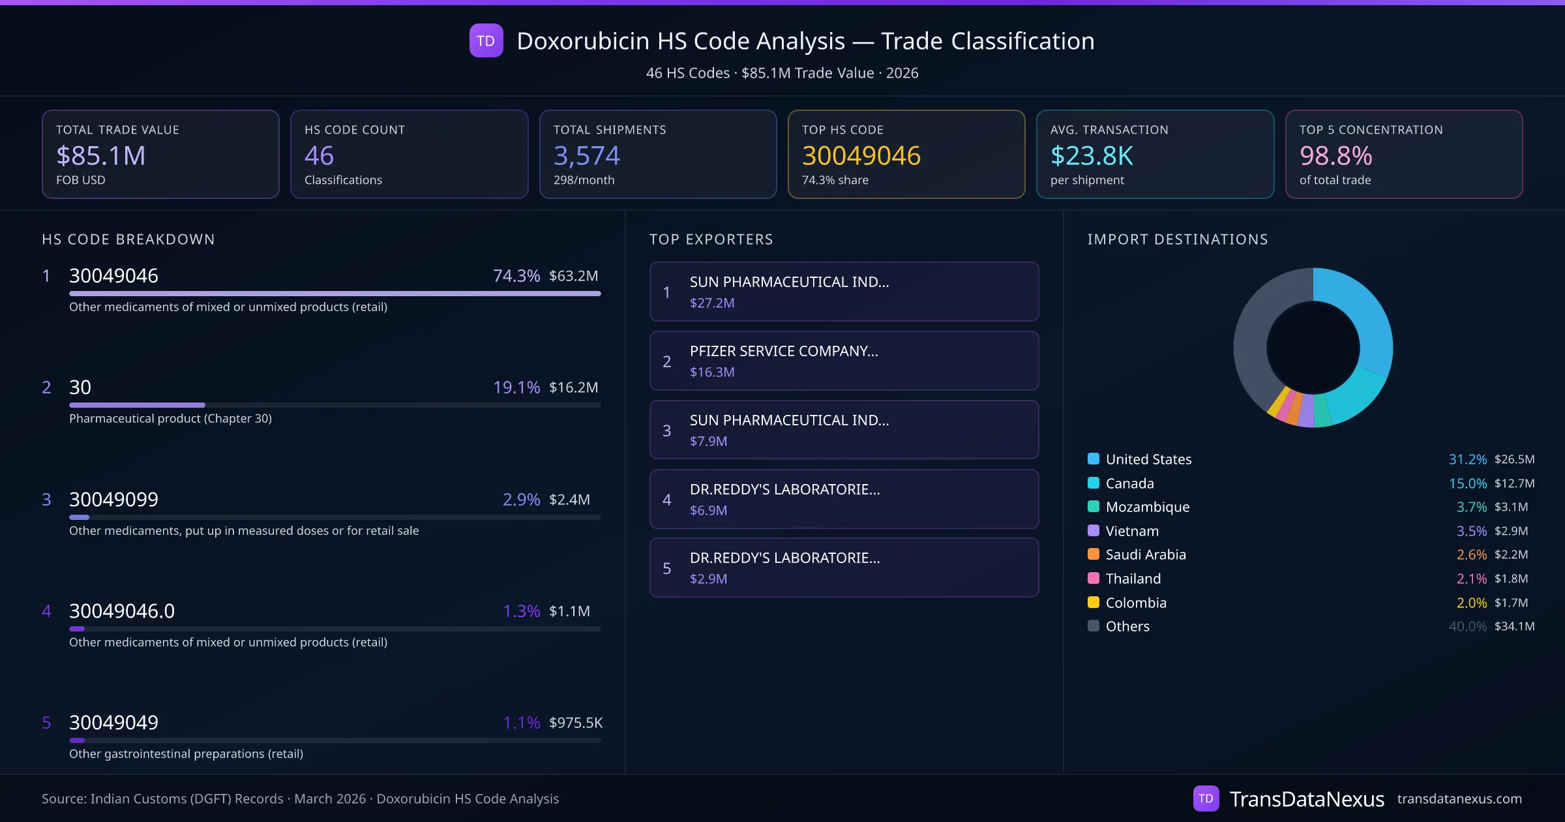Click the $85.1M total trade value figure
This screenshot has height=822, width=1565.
click(101, 156)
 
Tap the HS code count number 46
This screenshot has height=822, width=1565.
click(319, 156)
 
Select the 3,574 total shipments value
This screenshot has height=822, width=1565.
click(586, 156)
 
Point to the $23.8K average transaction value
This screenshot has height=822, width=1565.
click(1092, 156)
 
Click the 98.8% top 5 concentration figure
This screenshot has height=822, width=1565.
click(1335, 156)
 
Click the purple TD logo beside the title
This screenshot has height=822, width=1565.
click(486, 41)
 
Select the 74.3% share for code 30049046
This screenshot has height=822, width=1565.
click(516, 276)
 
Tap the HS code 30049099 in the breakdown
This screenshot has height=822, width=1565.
click(113, 500)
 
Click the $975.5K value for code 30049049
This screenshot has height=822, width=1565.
click(575, 723)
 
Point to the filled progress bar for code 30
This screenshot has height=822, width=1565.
click(137, 405)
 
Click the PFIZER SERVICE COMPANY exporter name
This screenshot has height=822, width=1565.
click(784, 351)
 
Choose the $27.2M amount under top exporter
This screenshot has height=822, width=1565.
click(712, 303)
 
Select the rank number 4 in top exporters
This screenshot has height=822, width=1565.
click(666, 500)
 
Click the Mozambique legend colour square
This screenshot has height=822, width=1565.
click(1094, 507)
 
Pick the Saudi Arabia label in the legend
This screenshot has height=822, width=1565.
click(1146, 555)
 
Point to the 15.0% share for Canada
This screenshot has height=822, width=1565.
click(1467, 483)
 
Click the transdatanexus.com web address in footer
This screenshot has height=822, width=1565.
click(1459, 799)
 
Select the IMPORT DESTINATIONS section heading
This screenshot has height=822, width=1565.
click(1178, 239)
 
